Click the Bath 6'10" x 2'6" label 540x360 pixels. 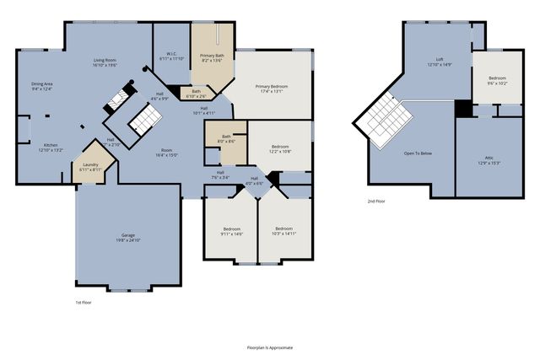pos(196,94)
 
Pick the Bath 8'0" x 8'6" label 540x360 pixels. pos(226,138)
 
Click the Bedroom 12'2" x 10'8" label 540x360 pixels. pos(279,149)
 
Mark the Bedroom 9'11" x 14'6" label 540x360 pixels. pos(232,231)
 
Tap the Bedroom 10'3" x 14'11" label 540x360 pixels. pos(284,231)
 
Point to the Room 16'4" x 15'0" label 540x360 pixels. pos(166,153)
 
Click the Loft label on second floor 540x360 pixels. pos(435,62)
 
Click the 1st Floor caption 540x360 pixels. pos(84,301)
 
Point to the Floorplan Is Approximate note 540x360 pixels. pos(270,347)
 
